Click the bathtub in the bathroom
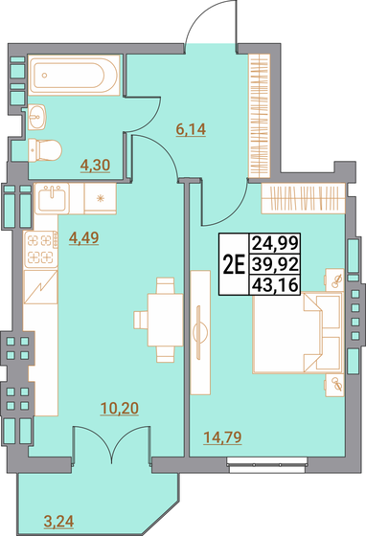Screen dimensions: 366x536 pyautogui.click(x=74, y=75)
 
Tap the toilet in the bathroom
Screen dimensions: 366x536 pyautogui.click(x=45, y=149)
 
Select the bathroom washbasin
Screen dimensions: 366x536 pyautogui.click(x=37, y=117)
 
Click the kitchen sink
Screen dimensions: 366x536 pyautogui.click(x=52, y=198)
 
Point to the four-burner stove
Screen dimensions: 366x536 pyautogui.click(x=40, y=249)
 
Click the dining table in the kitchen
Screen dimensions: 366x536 pyautogui.click(x=166, y=320)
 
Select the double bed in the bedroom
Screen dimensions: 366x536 pyautogui.click(x=298, y=332)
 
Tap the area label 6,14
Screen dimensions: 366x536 pyautogui.click(x=191, y=130)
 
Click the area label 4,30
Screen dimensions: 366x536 pyautogui.click(x=95, y=166)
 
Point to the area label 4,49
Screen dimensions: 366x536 pyautogui.click(x=83, y=238)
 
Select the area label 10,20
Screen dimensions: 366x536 pyautogui.click(x=120, y=408)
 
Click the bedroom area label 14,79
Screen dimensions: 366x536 pyautogui.click(x=222, y=437)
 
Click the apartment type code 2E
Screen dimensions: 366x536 pyautogui.click(x=234, y=266)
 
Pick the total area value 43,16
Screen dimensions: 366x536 pyautogui.click(x=275, y=285)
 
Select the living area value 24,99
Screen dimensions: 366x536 pyautogui.click(x=275, y=243)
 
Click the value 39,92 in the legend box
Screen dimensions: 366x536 pyautogui.click(x=275, y=264)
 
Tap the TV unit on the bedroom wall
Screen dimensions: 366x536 pyautogui.click(x=200, y=333)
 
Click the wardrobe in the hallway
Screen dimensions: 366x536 pyautogui.click(x=259, y=116)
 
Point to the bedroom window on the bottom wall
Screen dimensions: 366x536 pyautogui.click(x=267, y=465)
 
